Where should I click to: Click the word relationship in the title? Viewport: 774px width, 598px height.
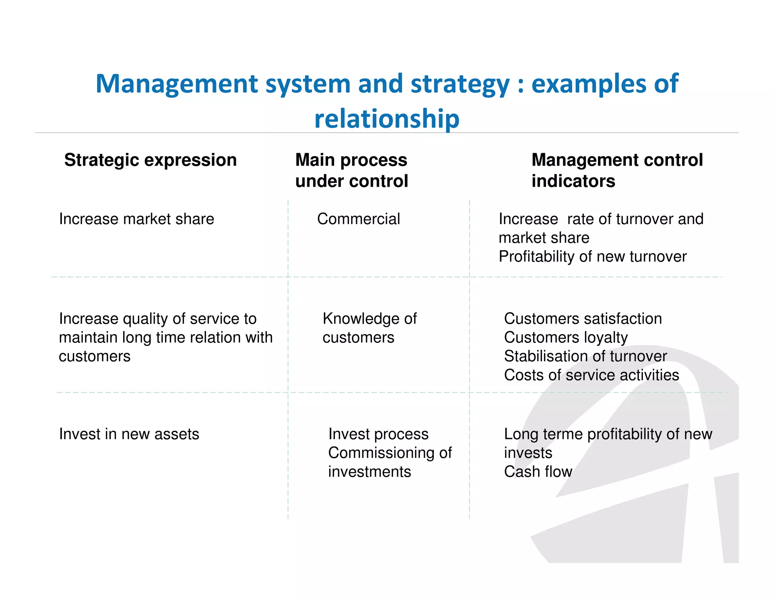point(387,119)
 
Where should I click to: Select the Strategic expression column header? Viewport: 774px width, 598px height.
point(150,160)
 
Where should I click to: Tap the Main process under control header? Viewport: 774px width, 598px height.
point(351,170)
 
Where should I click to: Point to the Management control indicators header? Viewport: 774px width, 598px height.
point(617,170)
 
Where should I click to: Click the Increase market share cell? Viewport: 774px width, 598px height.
point(136,219)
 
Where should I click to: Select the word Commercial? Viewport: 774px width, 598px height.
point(358,219)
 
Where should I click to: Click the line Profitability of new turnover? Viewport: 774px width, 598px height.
point(592,257)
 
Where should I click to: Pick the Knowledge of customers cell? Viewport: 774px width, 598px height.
point(369,328)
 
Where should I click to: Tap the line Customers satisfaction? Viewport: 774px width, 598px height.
point(583,319)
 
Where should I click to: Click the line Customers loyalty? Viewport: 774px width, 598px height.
point(566,338)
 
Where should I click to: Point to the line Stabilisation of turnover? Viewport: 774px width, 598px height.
point(585,356)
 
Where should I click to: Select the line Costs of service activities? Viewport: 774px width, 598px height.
point(591,375)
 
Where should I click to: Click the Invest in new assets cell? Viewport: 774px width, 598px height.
point(129,434)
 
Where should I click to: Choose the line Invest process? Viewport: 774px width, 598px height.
point(378,434)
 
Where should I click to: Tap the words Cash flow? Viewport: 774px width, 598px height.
point(538,472)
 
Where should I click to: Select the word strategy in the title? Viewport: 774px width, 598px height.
point(460,84)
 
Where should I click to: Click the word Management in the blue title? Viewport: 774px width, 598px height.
point(177,84)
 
